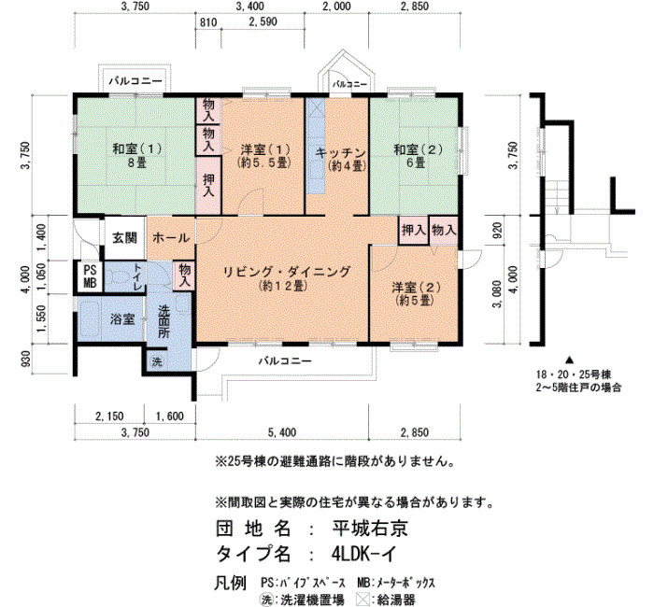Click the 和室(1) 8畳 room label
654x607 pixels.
pyautogui.click(x=136, y=156)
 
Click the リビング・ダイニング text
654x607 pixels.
pyautogui.click(x=287, y=272)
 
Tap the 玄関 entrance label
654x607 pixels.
pyautogui.click(x=124, y=238)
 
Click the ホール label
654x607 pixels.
pyautogui.click(x=171, y=238)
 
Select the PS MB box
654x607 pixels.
pyautogui.click(x=90, y=276)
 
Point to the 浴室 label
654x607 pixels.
pyautogui.click(x=122, y=319)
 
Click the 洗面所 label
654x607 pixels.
pyautogui.click(x=163, y=321)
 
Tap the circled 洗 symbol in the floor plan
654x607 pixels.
pyautogui.click(x=156, y=361)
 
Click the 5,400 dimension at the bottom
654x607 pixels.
pyautogui.click(x=282, y=432)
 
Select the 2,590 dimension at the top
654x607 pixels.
pyautogui.click(x=263, y=21)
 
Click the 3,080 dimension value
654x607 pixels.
pyautogui.click(x=497, y=293)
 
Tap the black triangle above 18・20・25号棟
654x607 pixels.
pyautogui.click(x=569, y=359)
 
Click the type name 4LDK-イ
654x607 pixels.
pyautogui.click(x=363, y=554)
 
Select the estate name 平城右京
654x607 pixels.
pyautogui.click(x=370, y=529)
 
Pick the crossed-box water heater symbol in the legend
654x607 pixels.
pyautogui.click(x=363, y=600)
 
